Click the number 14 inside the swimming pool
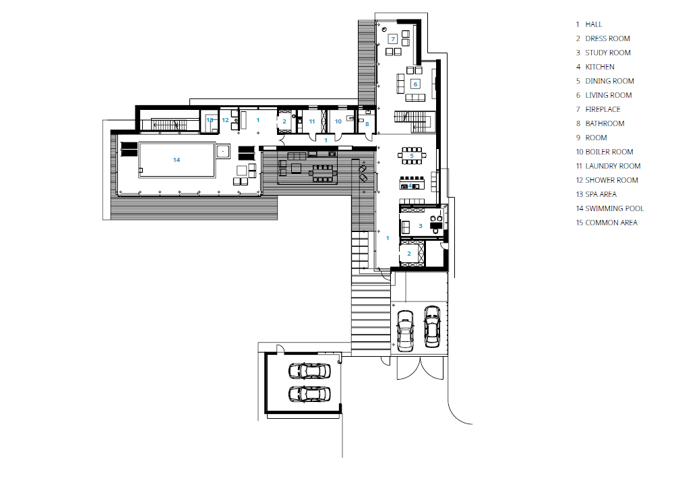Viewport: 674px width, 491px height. tap(176, 160)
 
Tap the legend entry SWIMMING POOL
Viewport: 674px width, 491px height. tap(610, 208)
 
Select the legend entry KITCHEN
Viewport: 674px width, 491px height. tap(595, 67)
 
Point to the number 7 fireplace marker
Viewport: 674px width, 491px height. tap(393, 39)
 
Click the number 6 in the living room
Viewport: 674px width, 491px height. tap(415, 84)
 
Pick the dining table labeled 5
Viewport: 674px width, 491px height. tap(412, 156)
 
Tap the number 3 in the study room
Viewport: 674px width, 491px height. tap(421, 226)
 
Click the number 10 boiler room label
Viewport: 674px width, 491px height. tap(338, 121)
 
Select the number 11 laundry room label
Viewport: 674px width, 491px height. tap(312, 121)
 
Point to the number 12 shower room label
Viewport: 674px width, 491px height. tap(225, 120)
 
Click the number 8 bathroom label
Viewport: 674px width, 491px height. tap(367, 124)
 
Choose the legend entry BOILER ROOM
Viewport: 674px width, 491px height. tap(605, 152)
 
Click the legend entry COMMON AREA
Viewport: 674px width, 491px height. tap(607, 223)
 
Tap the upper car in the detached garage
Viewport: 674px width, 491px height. tap(309, 372)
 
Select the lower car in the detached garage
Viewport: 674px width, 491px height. tap(309, 394)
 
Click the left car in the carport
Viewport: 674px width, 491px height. tap(405, 330)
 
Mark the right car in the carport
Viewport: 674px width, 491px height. tap(432, 326)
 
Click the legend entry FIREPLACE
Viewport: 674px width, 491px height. tap(598, 110)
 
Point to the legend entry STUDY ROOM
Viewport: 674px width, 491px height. tap(603, 53)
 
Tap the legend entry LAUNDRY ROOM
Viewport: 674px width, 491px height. tap(608, 167)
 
